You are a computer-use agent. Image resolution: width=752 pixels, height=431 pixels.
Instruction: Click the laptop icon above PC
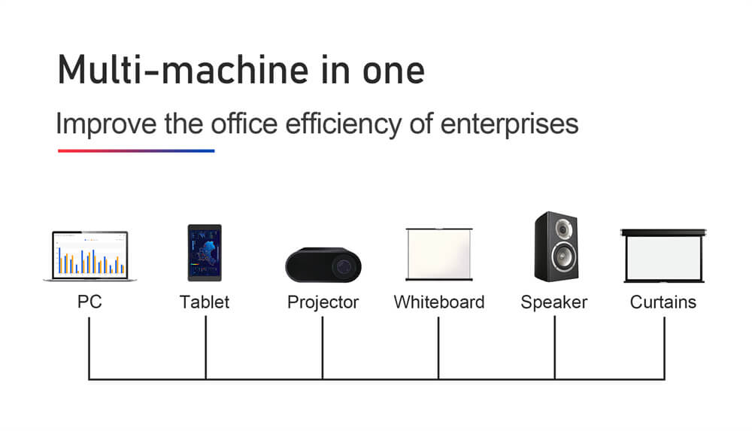coord(89,256)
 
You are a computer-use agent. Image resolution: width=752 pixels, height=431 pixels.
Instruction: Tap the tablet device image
coord(205,253)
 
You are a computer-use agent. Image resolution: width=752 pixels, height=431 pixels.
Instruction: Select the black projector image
coord(323,265)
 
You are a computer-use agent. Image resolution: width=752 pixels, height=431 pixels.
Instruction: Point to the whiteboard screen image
coord(439,254)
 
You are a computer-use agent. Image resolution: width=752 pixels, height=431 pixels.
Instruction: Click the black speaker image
coord(556,247)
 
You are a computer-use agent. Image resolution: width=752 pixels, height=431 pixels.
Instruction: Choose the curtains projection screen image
coord(663,256)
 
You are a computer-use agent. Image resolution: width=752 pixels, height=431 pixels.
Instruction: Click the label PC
coord(89,302)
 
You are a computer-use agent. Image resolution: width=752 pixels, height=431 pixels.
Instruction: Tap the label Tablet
coord(205,302)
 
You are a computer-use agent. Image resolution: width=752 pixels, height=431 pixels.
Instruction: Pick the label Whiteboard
coord(439,302)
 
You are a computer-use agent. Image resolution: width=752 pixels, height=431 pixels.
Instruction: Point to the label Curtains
coord(663,302)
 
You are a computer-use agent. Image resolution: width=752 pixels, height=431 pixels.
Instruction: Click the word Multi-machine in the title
coord(182,70)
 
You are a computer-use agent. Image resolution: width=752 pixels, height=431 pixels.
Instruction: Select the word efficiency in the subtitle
coord(344,124)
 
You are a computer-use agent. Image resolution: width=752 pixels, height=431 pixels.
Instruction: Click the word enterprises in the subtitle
coord(509,126)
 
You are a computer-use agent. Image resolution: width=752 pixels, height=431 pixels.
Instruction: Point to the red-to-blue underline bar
coord(136,150)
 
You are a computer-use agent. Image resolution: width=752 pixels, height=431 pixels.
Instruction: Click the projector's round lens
coord(344,266)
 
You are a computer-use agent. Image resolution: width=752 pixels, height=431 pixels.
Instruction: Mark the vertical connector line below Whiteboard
coord(438,348)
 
